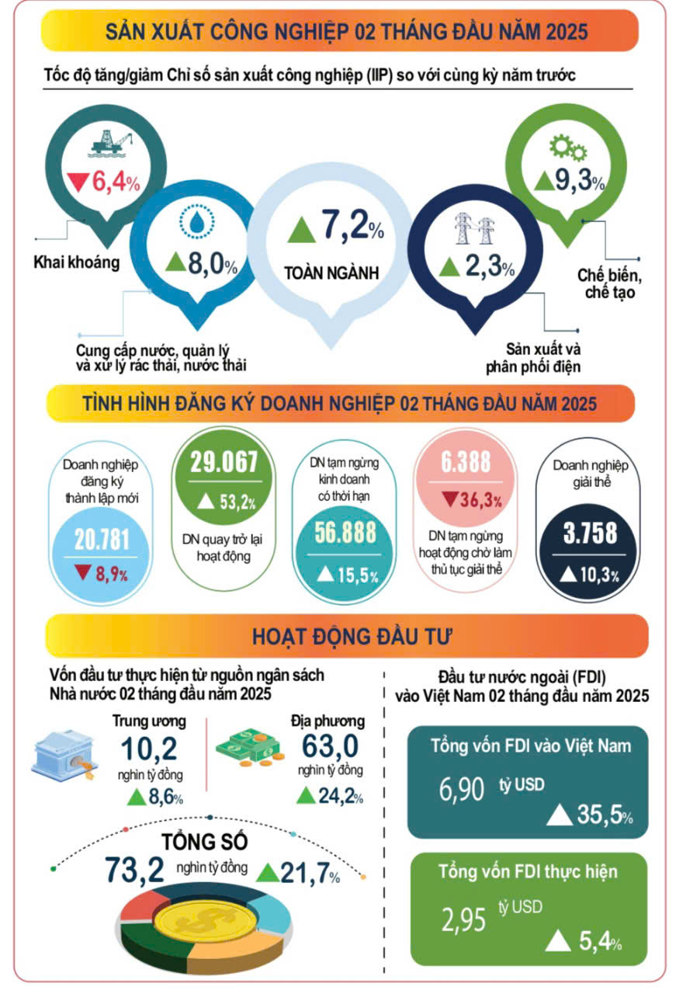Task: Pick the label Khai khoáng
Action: point(77,262)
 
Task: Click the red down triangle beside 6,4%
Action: point(78,183)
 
